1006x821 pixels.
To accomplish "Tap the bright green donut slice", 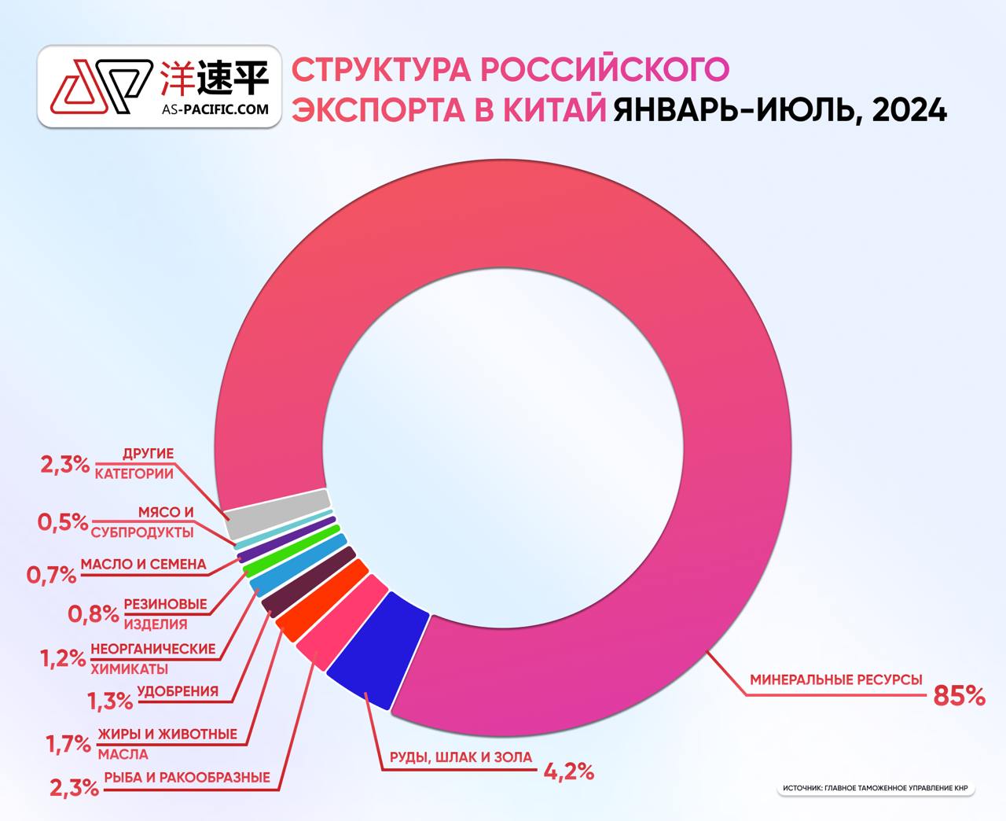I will [x=292, y=550].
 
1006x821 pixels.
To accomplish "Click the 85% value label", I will [x=958, y=694].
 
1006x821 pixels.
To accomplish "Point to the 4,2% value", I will [x=568, y=771].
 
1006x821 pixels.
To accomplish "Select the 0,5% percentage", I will [x=62, y=521].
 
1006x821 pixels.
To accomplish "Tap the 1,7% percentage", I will [x=68, y=743].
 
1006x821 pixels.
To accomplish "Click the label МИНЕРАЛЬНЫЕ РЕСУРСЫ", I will [x=835, y=679].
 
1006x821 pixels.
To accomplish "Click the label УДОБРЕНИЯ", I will [x=178, y=692].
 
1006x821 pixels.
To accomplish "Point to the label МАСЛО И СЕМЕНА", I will [x=143, y=564].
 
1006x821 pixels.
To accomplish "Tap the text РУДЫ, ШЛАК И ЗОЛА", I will [x=461, y=757].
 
